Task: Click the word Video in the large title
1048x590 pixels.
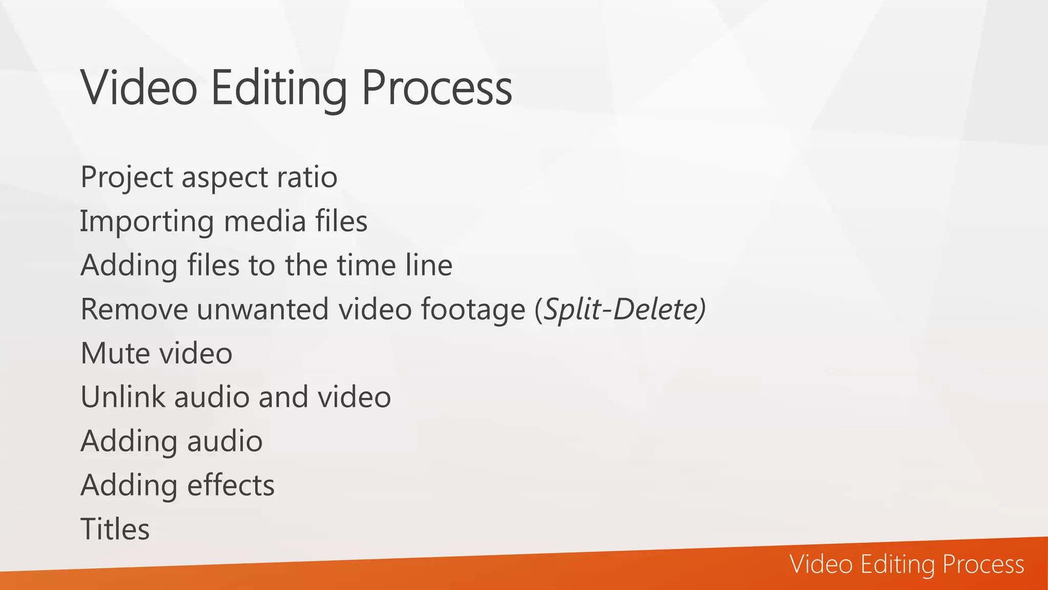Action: pos(139,88)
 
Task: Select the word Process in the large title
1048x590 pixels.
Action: pos(436,88)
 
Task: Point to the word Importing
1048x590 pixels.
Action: pos(146,222)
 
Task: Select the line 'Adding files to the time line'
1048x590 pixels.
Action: pos(266,265)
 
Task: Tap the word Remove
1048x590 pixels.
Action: pos(134,309)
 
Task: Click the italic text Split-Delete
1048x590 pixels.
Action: pos(621,309)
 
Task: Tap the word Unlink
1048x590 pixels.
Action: pos(123,397)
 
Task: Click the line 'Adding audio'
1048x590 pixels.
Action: pos(171,441)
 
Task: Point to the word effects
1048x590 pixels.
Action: pos(231,485)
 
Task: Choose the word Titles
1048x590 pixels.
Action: pos(115,529)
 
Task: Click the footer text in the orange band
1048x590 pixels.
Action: pos(907,564)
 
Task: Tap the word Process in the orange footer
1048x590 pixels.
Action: pos(983,564)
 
